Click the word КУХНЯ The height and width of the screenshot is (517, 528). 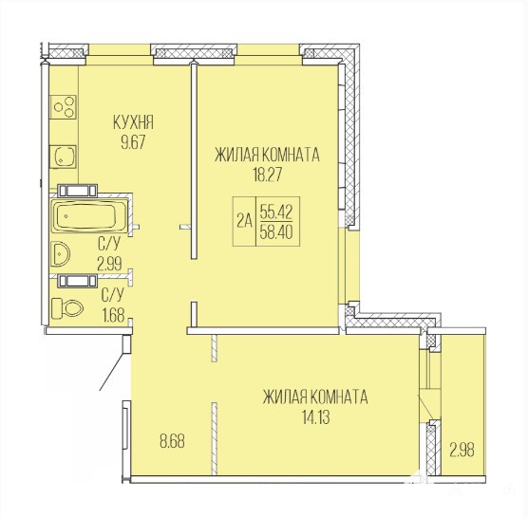coord(133,122)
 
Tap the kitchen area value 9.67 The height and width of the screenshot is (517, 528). coord(133,142)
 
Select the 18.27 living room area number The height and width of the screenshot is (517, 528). coord(268,175)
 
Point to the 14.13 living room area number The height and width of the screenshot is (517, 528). coord(315,417)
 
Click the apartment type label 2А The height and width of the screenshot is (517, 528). coord(244,221)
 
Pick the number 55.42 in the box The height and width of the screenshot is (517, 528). coord(276,212)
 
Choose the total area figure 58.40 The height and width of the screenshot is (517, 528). coord(276,232)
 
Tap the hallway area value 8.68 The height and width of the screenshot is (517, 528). coord(172,441)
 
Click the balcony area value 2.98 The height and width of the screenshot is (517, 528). coord(462,450)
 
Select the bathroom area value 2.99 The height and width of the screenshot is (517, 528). coord(109,264)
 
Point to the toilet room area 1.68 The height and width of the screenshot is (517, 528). coord(113,316)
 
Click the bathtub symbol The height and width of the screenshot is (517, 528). coord(89,216)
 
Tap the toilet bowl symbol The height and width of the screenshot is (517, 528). coord(67,308)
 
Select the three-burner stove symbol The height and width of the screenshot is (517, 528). coord(64,107)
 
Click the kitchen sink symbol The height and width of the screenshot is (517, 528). coord(63,157)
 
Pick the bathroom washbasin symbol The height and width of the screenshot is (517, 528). coord(60,254)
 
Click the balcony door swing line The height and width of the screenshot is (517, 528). coord(425,406)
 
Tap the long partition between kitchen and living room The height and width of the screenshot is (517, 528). coord(194,160)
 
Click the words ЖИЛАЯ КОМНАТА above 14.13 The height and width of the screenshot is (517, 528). coord(315,397)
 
